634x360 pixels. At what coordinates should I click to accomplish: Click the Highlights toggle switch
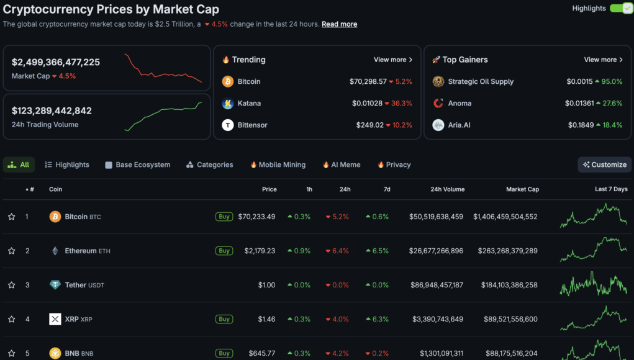coord(620,8)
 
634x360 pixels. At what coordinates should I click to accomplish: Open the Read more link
coord(339,24)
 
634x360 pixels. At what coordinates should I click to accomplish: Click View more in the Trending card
coord(392,60)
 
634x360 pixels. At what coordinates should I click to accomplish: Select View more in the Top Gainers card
coord(603,60)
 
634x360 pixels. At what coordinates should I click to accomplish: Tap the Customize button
coord(604,164)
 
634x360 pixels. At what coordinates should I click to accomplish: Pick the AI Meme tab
coord(341,164)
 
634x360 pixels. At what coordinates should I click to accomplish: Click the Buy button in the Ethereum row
coord(224,251)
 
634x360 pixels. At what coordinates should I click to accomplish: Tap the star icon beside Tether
coord(11,285)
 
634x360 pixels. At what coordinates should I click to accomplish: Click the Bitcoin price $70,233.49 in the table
coord(257,217)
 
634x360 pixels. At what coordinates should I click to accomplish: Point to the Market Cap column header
coord(522,189)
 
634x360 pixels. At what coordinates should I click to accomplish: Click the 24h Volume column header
coord(447,189)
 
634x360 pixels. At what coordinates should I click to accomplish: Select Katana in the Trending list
coord(249,103)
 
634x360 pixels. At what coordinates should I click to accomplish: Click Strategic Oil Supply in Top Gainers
coord(481,81)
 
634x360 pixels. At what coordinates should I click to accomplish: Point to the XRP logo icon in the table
coord(55,319)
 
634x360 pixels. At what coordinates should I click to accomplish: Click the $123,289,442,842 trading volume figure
coord(52,110)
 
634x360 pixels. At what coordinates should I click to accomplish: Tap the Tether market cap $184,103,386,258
coord(509,285)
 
